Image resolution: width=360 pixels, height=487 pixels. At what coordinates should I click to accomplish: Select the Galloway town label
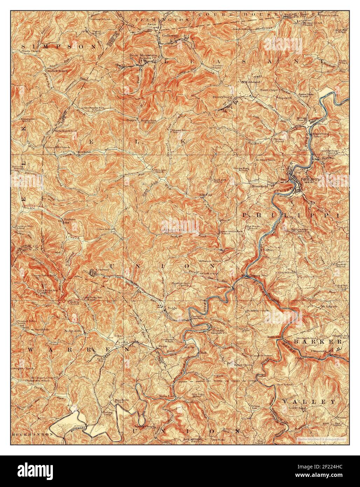(x=170, y=35)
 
